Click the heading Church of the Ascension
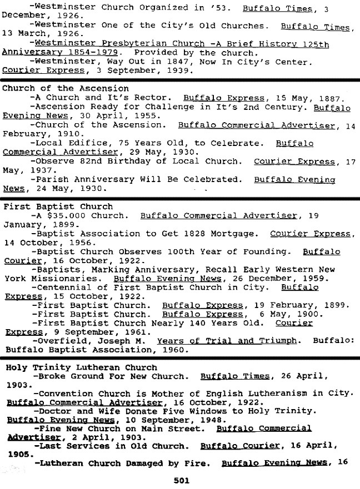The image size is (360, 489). coord(66,88)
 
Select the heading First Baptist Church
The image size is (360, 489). coord(58,206)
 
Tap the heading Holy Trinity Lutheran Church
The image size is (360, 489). coord(81,367)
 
